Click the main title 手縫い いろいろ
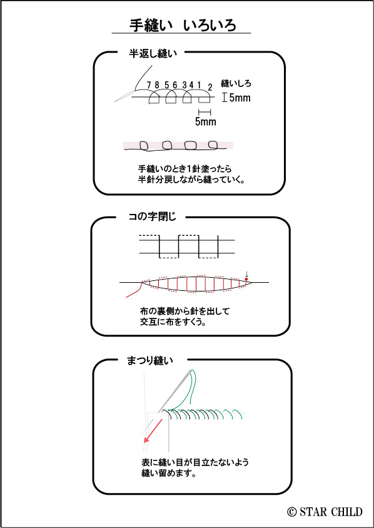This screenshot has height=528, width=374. (x=183, y=25)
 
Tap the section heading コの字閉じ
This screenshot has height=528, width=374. (x=153, y=217)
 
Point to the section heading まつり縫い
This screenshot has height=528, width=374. (x=150, y=360)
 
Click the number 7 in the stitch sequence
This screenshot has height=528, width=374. (x=148, y=85)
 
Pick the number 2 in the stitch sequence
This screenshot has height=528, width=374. (x=210, y=88)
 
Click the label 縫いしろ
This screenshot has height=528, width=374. (x=236, y=83)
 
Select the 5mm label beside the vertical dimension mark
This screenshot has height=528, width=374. (x=240, y=98)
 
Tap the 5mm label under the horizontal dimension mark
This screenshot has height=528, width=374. (x=205, y=121)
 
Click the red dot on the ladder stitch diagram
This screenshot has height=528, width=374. (x=246, y=279)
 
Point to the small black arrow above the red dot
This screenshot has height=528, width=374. (x=246, y=275)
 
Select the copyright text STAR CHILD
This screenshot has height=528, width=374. (x=325, y=512)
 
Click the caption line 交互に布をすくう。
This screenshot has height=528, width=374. (x=173, y=322)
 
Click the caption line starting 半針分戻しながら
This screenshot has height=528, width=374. (x=191, y=179)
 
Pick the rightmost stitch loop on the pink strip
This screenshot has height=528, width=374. (x=213, y=145)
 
